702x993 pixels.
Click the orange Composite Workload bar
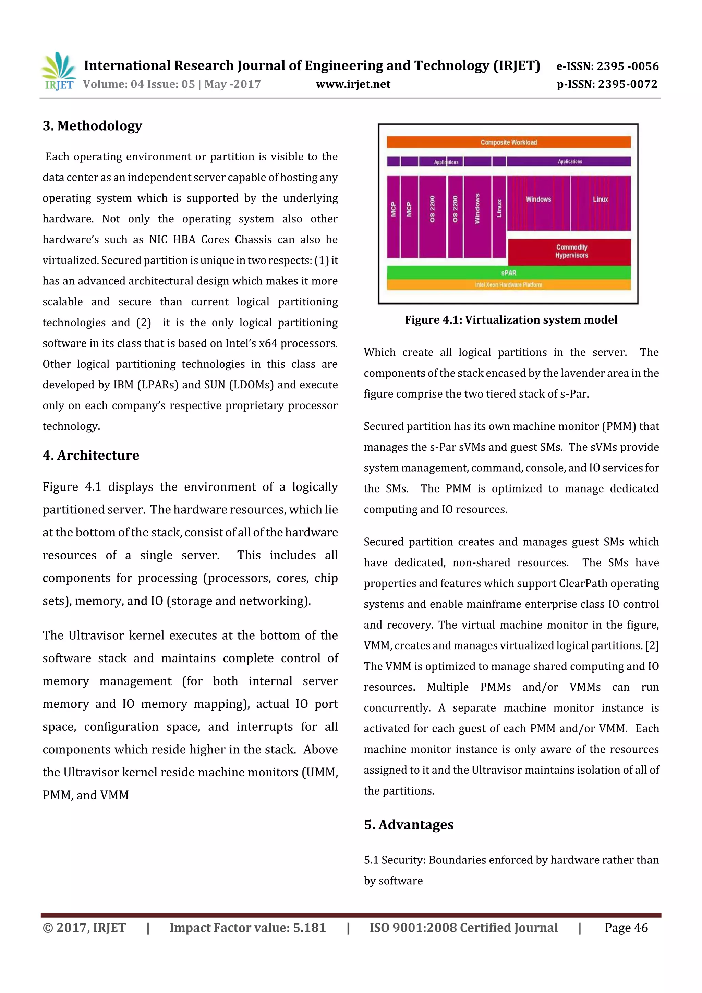pyautogui.click(x=508, y=142)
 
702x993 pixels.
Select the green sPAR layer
pyautogui.click(x=508, y=273)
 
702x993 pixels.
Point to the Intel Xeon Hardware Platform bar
pyautogui.click(x=508, y=284)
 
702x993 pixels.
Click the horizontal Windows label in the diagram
pyautogui.click(x=538, y=199)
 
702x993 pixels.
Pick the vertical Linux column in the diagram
pyautogui.click(x=499, y=216)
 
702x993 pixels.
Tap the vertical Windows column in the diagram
pyautogui.click(x=477, y=216)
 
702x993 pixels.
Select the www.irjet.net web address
pyautogui.click(x=353, y=84)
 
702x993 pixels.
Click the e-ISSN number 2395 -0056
pyautogui.click(x=627, y=66)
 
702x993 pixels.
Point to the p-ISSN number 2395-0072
pyautogui.click(x=627, y=84)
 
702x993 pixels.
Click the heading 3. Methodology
pyautogui.click(x=92, y=126)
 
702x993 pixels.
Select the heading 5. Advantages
pyautogui.click(x=409, y=824)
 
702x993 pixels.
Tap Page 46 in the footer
pyautogui.click(x=626, y=927)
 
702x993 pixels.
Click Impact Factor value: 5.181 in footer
pyautogui.click(x=247, y=927)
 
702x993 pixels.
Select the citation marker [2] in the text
pyautogui.click(x=652, y=645)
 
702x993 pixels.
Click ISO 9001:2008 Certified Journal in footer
pyautogui.click(x=463, y=927)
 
